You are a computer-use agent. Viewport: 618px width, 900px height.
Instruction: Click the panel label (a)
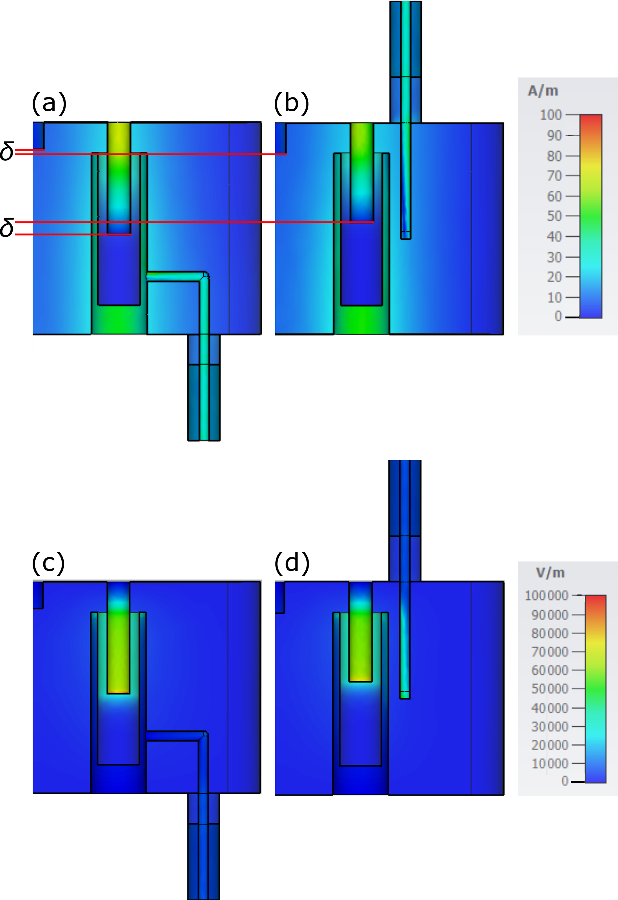tap(49, 104)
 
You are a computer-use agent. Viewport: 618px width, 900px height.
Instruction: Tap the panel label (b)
tap(291, 104)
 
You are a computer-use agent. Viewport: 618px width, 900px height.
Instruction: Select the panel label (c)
tap(48, 562)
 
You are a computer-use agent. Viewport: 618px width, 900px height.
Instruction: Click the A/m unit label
tap(543, 91)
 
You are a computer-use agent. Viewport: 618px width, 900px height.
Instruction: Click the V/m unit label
tap(550, 573)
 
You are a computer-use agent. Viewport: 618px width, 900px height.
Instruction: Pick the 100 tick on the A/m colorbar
tap(551, 115)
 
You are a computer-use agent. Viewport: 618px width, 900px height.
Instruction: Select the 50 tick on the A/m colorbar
tap(554, 216)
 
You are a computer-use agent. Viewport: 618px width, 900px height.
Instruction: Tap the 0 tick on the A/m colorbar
tap(558, 316)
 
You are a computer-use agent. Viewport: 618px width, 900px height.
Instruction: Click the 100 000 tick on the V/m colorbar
tap(546, 595)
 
